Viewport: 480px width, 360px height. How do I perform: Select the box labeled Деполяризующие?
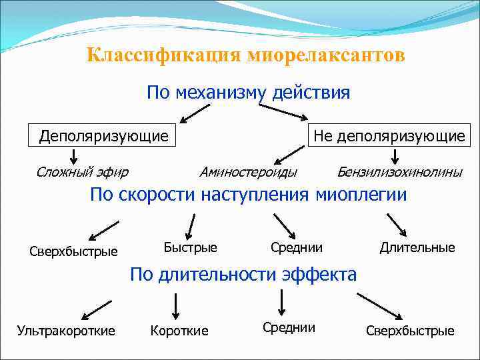(x=103, y=136)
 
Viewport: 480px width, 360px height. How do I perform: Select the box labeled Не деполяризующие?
(x=389, y=136)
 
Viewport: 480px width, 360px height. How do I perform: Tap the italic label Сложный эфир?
(x=82, y=172)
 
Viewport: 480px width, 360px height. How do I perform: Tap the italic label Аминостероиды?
(x=248, y=172)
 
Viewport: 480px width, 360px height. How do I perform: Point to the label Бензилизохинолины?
(x=399, y=172)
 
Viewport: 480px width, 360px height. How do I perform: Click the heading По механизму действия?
(x=248, y=92)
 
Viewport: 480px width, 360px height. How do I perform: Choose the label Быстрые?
(x=191, y=247)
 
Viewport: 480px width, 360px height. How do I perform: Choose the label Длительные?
(x=417, y=247)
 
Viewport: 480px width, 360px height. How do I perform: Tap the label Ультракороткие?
(x=66, y=330)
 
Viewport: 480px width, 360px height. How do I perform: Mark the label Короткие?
(x=179, y=331)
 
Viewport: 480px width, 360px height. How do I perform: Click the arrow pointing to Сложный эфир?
(x=74, y=157)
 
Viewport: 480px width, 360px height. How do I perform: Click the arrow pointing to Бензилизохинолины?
(x=395, y=157)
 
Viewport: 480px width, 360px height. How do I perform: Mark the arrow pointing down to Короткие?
(x=175, y=306)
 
